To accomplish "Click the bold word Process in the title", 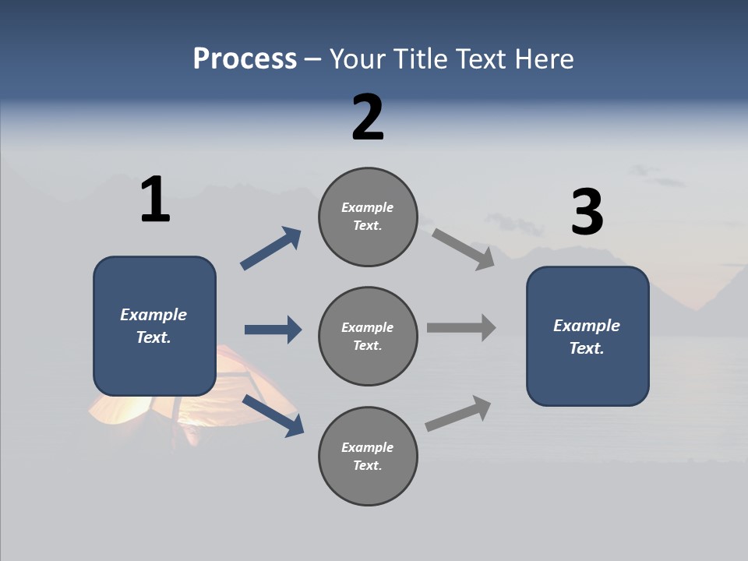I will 245,58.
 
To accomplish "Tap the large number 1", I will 155,200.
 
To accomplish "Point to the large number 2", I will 368,118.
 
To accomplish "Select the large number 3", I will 587,213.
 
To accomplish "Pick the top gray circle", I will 368,217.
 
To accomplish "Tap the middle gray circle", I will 368,336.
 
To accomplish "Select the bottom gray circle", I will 368,456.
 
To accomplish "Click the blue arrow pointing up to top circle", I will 270,249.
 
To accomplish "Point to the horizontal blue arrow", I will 273,330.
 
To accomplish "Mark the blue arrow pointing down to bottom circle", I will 273,415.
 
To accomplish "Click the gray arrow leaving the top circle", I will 464,249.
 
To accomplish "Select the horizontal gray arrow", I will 461,328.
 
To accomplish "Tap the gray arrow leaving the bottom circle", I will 458,414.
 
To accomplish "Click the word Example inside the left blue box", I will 153,314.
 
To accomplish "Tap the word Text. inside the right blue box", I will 587,348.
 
